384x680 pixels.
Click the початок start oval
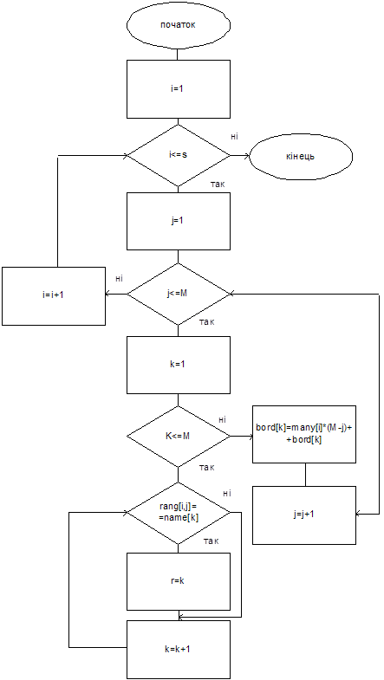point(178,24)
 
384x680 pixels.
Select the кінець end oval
point(301,156)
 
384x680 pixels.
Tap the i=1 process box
point(178,88)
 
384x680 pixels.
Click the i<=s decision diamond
point(179,155)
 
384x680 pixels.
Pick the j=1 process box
point(178,221)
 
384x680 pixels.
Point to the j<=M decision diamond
point(179,294)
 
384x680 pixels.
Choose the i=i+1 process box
point(54,295)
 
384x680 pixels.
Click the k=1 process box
point(178,365)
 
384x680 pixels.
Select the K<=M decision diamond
point(179,437)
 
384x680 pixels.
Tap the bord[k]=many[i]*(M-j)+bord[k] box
point(304,435)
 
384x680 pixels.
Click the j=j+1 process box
point(304,515)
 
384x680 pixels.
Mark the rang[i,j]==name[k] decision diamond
point(179,513)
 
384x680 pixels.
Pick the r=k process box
point(178,581)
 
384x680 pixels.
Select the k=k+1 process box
point(178,650)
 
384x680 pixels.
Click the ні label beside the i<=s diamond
point(234,137)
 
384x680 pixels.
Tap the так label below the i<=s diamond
point(217,185)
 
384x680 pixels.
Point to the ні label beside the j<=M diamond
point(119,278)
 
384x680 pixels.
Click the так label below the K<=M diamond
point(206,468)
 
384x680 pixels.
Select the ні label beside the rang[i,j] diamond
point(226,493)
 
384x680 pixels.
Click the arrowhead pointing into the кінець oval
point(247,156)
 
